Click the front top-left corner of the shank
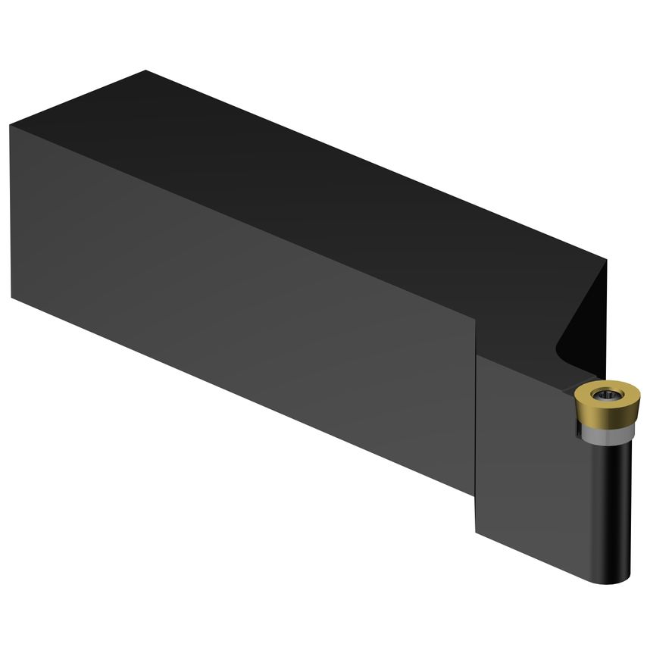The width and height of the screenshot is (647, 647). tap(11, 124)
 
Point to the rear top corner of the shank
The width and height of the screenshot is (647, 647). tap(145, 71)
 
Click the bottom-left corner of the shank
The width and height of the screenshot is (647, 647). tap(12, 297)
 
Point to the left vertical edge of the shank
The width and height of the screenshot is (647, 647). tap(11, 212)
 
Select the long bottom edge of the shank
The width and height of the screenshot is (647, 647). tap(242, 394)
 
